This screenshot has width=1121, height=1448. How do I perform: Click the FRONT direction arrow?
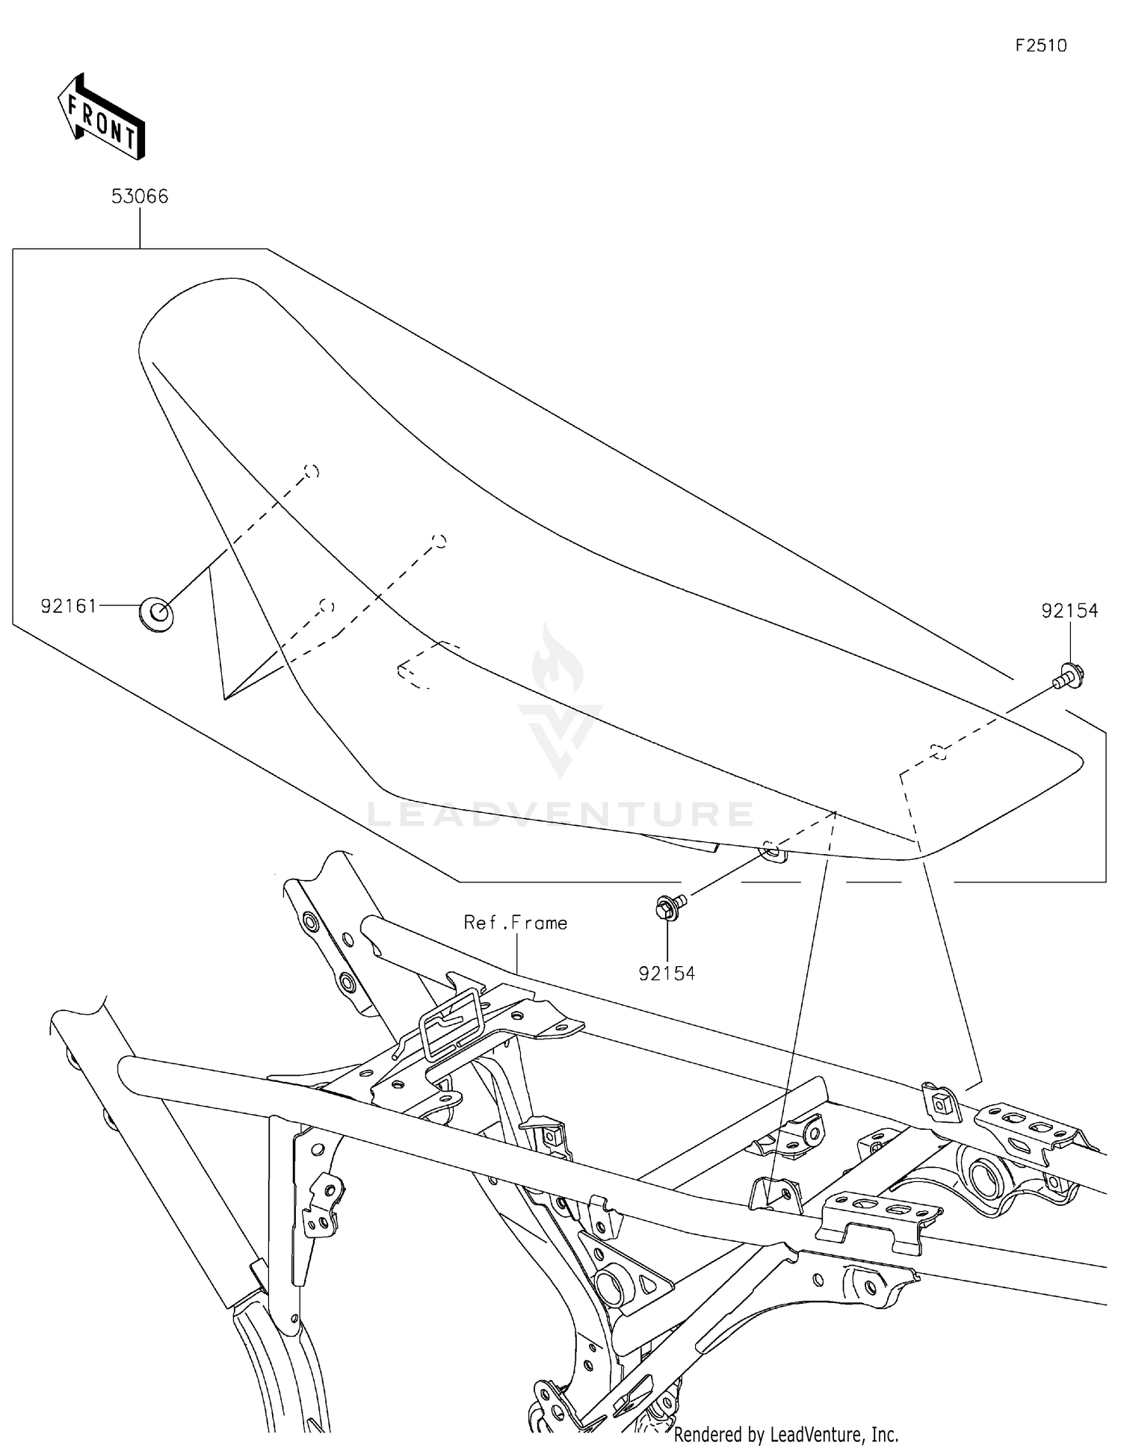[101, 118]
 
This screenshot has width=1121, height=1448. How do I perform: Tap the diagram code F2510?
[1040, 46]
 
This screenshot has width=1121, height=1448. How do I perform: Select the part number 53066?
[140, 197]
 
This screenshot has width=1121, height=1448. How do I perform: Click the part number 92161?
[69, 606]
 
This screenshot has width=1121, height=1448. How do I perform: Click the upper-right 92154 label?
[1069, 611]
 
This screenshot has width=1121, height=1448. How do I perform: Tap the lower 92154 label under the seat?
[667, 974]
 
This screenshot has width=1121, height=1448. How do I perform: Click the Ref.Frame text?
[516, 923]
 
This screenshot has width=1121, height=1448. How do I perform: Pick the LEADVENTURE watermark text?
[560, 814]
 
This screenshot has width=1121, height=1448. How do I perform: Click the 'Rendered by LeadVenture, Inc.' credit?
[786, 1435]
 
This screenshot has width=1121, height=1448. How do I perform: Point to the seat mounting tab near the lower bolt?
[773, 850]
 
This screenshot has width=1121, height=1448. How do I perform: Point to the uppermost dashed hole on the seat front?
[312, 471]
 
